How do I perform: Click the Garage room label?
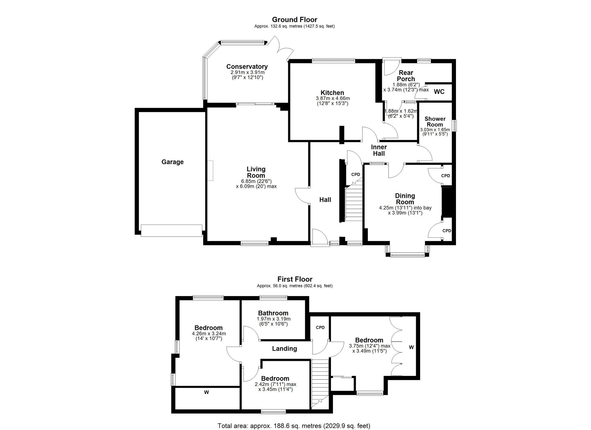click(172, 162)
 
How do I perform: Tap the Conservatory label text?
click(247, 67)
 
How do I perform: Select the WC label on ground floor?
click(439, 92)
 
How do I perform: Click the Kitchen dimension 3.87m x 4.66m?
click(332, 98)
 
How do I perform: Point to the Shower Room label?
click(435, 122)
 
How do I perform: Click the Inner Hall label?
click(379, 150)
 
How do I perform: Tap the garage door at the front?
click(172, 231)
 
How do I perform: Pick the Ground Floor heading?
click(294, 20)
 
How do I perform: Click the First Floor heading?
click(295, 279)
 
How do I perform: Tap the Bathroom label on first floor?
click(273, 313)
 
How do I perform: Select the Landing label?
click(284, 349)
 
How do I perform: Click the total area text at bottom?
click(294, 426)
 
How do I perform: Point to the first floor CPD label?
click(320, 327)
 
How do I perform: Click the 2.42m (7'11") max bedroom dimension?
click(275, 384)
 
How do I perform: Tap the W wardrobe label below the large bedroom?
click(207, 392)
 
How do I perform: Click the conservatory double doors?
click(281, 49)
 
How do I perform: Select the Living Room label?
click(256, 172)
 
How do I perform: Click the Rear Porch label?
click(406, 76)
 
